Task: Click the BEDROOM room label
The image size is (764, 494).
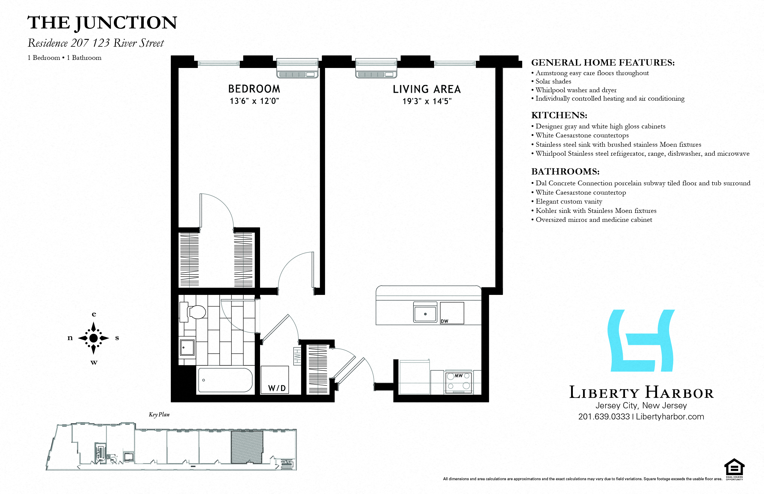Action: click(x=254, y=89)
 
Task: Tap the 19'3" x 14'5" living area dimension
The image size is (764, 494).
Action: click(x=427, y=101)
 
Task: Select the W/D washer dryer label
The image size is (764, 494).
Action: click(x=277, y=388)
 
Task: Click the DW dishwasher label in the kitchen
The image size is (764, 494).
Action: click(x=444, y=321)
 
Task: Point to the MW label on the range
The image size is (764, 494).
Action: click(x=458, y=376)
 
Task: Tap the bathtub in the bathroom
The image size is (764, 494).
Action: click(x=225, y=380)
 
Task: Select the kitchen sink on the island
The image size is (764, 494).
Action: click(x=425, y=314)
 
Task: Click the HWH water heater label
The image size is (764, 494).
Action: click(x=297, y=356)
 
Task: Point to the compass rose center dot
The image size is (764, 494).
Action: click(x=93, y=338)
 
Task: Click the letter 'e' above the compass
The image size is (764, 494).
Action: click(x=94, y=314)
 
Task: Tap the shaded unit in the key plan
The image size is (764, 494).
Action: click(x=247, y=447)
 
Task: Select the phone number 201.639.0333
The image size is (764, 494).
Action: click(x=604, y=416)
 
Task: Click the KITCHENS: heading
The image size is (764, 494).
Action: click(x=559, y=115)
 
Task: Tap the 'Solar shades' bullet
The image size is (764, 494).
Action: click(x=553, y=81)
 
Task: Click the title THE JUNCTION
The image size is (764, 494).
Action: click(x=102, y=23)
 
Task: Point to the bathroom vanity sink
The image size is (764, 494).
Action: click(x=187, y=347)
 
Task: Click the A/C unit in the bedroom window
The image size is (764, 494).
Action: click(x=297, y=68)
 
